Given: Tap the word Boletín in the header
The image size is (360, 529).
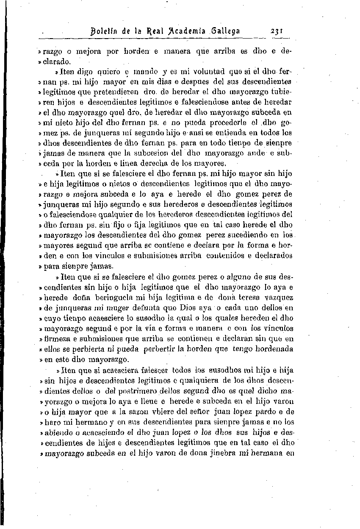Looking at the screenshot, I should click(x=103, y=32).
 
